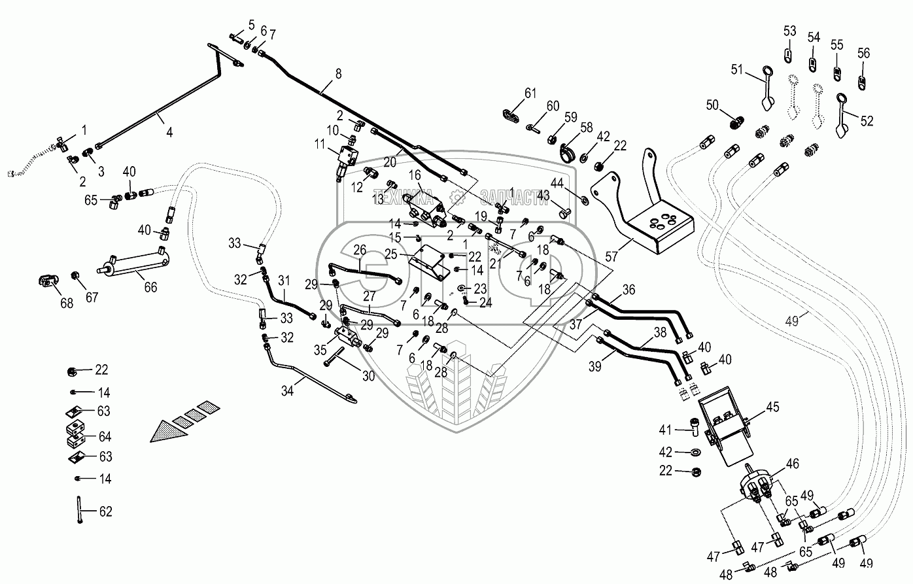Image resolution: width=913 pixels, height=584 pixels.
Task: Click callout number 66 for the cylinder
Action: [150, 287]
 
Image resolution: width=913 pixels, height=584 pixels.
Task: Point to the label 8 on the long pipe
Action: [338, 74]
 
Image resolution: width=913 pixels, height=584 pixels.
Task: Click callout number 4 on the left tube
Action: [169, 131]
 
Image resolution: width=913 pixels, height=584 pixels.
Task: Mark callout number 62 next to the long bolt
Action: [105, 511]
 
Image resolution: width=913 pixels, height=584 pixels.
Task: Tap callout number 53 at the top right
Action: [790, 31]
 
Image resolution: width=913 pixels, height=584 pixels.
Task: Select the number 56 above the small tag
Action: [863, 53]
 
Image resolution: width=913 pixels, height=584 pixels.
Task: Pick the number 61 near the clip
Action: [530, 92]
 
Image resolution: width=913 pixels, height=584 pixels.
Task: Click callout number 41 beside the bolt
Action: [665, 430]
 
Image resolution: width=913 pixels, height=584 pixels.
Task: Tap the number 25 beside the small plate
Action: [409, 253]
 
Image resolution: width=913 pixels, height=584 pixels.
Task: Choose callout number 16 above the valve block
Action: [415, 175]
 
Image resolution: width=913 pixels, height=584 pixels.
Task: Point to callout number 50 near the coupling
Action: [712, 105]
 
